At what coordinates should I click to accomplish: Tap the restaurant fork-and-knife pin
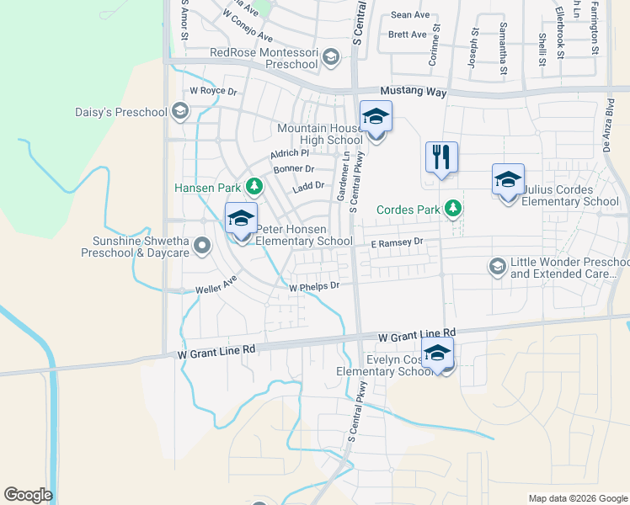441,157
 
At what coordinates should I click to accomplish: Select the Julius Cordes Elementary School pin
508,181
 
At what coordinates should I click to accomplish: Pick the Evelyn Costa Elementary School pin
437,353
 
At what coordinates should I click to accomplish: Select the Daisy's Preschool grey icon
179,111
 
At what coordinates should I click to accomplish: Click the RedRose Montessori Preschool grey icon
330,57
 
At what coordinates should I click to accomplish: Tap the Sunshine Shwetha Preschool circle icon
201,246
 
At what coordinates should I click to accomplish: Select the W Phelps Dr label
313,287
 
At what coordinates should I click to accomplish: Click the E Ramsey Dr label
396,242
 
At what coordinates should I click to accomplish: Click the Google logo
28,495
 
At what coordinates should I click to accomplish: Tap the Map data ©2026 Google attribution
577,498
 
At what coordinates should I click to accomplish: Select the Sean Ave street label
410,15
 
